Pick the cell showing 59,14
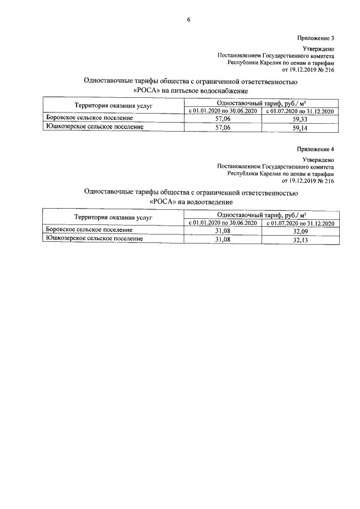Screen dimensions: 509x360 coord(300,128)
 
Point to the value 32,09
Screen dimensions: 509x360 coord(300,231)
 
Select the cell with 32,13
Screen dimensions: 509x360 coord(300,239)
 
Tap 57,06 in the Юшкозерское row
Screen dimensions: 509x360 coord(223,128)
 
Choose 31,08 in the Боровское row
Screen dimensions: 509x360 coord(223,231)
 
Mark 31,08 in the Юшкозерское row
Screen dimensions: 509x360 coord(223,239)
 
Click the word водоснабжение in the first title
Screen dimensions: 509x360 coord(219,91)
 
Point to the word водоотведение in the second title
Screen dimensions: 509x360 coord(205,202)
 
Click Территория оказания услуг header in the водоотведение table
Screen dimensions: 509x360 coord(114,218)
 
